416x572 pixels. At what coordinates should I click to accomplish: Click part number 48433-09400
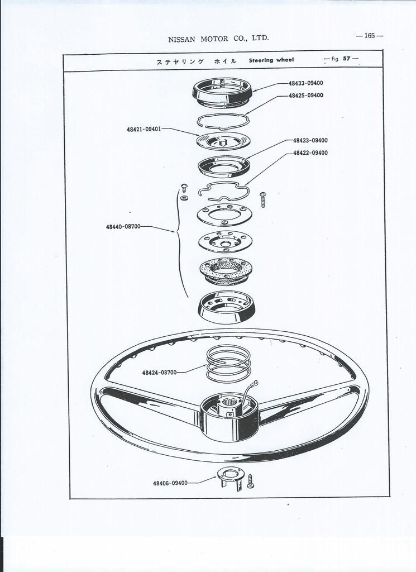[x=305, y=83]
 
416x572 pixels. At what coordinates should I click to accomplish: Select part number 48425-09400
[x=306, y=96]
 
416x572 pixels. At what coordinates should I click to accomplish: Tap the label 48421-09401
[x=144, y=129]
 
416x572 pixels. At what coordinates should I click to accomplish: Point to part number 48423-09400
[x=310, y=140]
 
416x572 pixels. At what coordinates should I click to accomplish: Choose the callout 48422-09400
[x=310, y=153]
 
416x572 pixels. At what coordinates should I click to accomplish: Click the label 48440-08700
[x=123, y=227]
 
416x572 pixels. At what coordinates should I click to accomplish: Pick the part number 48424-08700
[x=159, y=373]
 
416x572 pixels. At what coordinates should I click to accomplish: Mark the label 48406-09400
[x=170, y=483]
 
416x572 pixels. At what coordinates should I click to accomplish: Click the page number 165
[x=369, y=36]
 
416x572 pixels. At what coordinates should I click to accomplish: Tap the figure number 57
[x=346, y=58]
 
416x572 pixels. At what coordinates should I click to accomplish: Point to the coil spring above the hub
[x=228, y=364]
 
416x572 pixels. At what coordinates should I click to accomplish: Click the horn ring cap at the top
[x=222, y=93]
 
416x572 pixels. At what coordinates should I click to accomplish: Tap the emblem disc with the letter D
[x=223, y=141]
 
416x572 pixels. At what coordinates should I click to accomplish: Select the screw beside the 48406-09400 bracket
[x=251, y=481]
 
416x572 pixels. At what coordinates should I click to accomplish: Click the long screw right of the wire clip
[x=263, y=199]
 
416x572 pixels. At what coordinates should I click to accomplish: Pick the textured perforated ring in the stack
[x=226, y=271]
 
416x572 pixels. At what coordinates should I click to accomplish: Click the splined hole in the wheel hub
[x=229, y=403]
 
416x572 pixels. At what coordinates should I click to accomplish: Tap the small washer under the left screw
[x=184, y=198]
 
